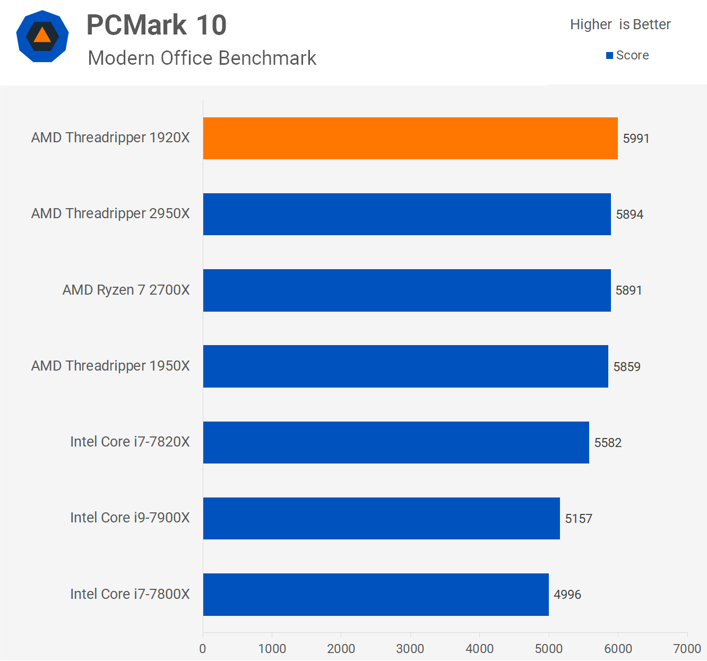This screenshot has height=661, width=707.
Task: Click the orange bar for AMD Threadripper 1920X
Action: point(410,138)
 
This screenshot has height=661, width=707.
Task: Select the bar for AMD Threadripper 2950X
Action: point(407,214)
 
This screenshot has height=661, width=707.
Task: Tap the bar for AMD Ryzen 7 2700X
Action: point(407,290)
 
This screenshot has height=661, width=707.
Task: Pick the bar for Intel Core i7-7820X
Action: point(396,442)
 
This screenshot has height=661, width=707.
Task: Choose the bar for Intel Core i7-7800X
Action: point(376,595)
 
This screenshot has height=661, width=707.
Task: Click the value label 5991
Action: point(636,139)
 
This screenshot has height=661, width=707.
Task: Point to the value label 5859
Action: point(627,367)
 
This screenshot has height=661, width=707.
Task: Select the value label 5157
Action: point(579,519)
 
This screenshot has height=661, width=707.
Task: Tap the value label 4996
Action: point(567,595)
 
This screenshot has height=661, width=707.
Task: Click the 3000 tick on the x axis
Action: point(410,648)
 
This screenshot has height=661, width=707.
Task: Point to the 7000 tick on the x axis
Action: point(687,648)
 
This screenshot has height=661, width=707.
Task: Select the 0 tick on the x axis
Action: point(203,648)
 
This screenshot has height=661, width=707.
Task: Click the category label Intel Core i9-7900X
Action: point(130,518)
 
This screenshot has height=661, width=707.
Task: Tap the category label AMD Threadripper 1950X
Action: point(110,366)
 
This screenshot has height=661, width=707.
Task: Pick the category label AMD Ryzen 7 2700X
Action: point(126,290)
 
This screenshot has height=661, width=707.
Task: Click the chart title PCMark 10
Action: point(157,25)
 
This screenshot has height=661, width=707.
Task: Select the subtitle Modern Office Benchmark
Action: point(202,58)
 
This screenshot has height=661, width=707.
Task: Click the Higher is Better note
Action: point(620,24)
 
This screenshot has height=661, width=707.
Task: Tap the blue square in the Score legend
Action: point(609,56)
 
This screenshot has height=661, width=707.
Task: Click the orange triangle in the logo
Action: point(42,36)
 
